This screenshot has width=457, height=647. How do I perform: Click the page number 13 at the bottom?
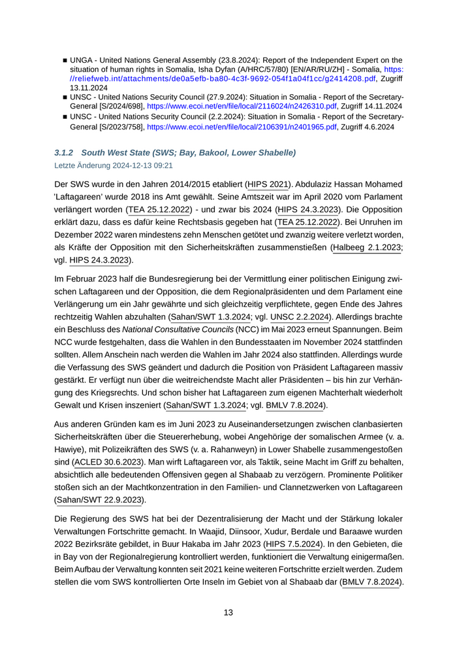point(228,612)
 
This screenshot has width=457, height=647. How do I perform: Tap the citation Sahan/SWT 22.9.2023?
point(99,500)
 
